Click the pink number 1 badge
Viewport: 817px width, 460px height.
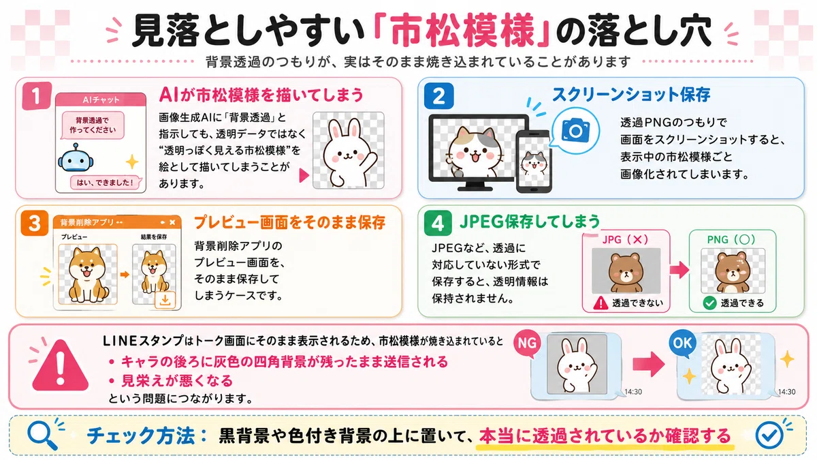click(37, 95)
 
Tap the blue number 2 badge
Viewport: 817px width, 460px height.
click(438, 96)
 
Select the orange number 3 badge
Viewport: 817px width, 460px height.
click(35, 223)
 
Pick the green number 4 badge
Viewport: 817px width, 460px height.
click(438, 223)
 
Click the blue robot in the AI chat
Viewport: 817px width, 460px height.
click(76, 158)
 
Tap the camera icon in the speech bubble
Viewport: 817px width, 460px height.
click(575, 130)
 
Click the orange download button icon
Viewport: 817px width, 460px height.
click(165, 300)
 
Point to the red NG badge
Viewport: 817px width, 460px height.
click(527, 344)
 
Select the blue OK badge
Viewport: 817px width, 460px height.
click(682, 343)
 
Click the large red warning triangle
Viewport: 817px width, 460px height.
click(61, 366)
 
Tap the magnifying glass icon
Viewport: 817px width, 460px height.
click(42, 435)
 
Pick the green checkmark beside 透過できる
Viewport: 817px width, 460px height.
click(709, 303)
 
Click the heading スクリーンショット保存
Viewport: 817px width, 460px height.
click(631, 95)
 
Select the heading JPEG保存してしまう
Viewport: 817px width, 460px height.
click(530, 221)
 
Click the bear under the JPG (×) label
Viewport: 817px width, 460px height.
click(626, 273)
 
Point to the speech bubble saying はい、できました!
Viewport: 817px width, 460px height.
click(105, 183)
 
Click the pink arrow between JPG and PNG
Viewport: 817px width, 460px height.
click(679, 270)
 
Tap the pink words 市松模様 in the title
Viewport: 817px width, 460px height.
click(462, 30)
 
